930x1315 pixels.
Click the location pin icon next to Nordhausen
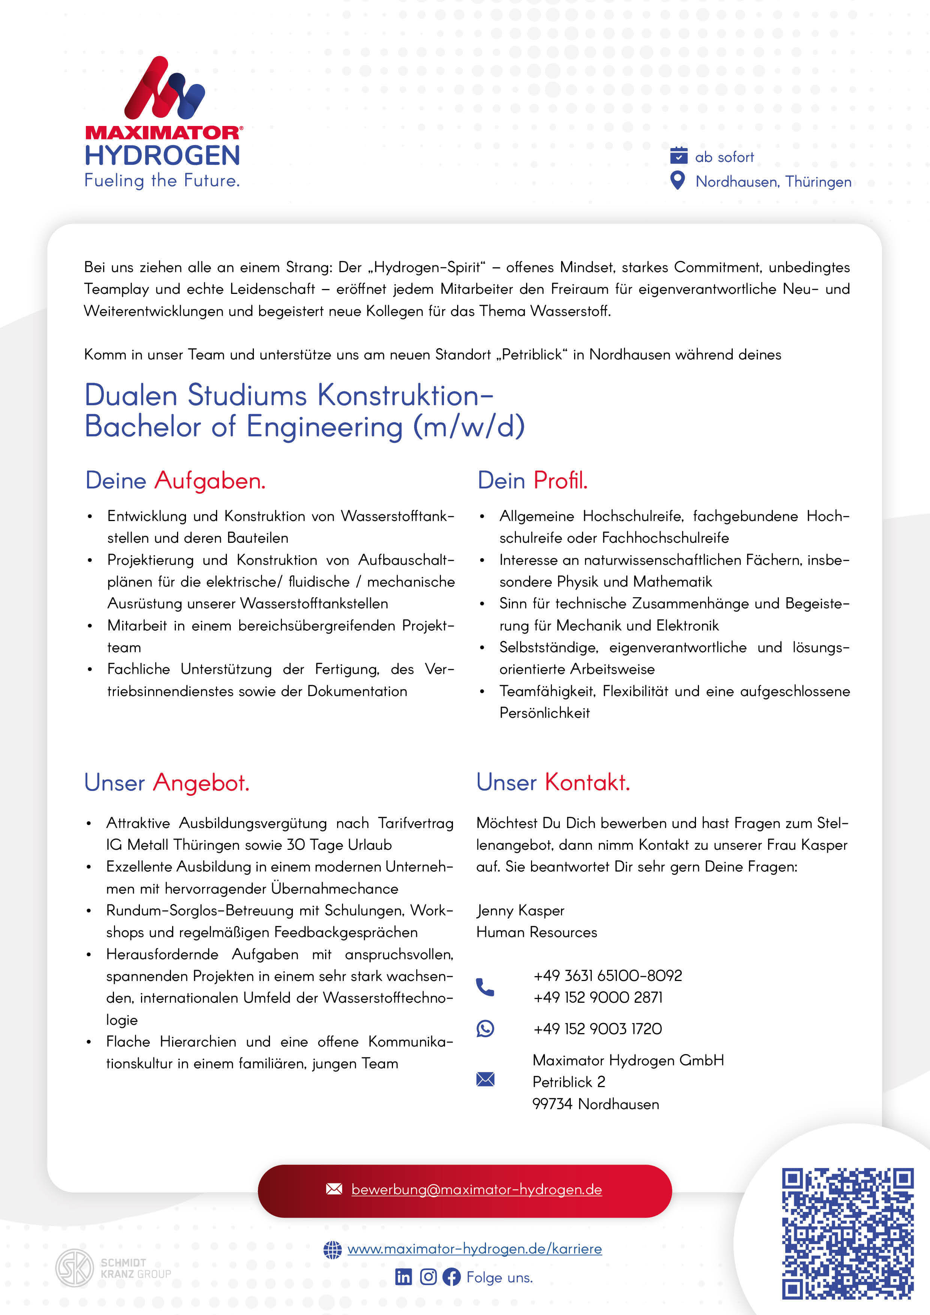coord(677,180)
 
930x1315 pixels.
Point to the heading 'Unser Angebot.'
coord(167,782)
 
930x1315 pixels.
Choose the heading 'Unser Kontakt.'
coord(553,782)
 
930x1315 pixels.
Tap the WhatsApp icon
coord(485,1029)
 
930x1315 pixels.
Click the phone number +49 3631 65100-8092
coord(607,975)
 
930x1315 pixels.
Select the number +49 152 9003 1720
coord(597,1029)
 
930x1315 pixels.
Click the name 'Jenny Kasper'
coord(520,910)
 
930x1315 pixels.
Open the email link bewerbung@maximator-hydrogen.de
coord(476,1189)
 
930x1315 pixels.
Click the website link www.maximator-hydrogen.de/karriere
coord(474,1249)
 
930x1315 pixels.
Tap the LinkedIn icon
coord(403,1277)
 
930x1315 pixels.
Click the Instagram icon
coord(428,1277)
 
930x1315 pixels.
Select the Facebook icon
coord(451,1277)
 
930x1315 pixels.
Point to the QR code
coord(847,1234)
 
